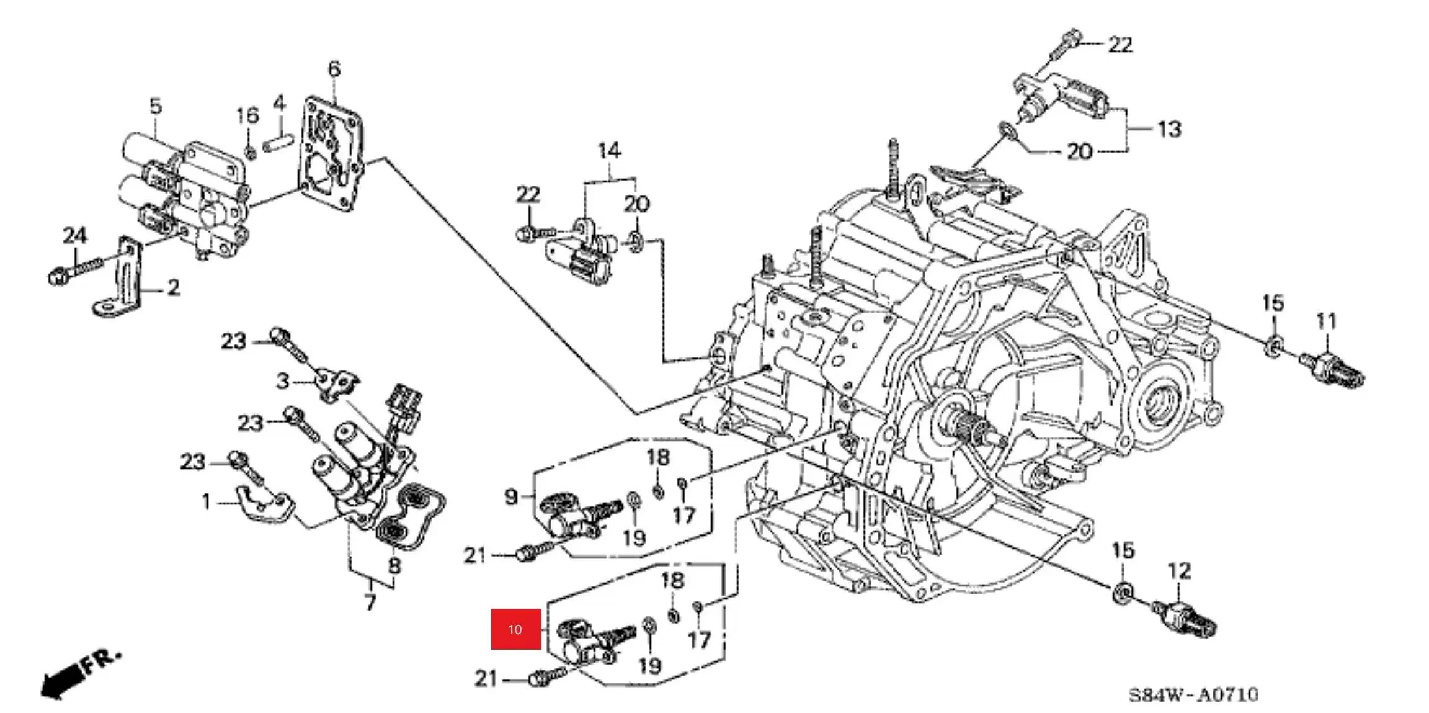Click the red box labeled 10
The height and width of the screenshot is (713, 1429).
[x=515, y=629]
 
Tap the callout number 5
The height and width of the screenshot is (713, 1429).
[x=156, y=105]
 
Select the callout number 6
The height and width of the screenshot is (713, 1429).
[x=334, y=69]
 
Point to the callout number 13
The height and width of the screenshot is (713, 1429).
[x=1169, y=129]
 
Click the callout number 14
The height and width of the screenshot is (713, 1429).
[x=609, y=151]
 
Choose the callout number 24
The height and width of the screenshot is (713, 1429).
[x=74, y=236]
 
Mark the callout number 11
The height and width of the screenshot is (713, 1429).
[x=1325, y=321]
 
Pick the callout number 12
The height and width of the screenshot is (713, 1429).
[x=1179, y=571]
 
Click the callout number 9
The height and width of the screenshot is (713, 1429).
[x=510, y=496]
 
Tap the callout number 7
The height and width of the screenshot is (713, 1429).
[x=370, y=602]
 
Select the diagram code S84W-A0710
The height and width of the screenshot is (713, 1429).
[x=1193, y=694]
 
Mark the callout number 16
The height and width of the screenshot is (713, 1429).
[x=247, y=115]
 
